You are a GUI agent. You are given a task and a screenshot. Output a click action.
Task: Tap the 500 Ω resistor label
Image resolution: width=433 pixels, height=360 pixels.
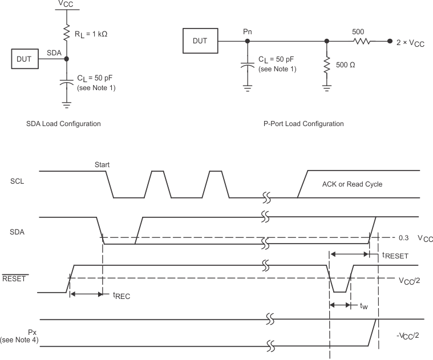[x=346, y=65]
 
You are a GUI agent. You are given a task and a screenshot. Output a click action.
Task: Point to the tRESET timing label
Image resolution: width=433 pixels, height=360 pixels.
[x=395, y=256]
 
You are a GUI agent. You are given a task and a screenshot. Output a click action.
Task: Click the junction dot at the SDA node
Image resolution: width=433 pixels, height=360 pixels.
[x=67, y=58]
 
